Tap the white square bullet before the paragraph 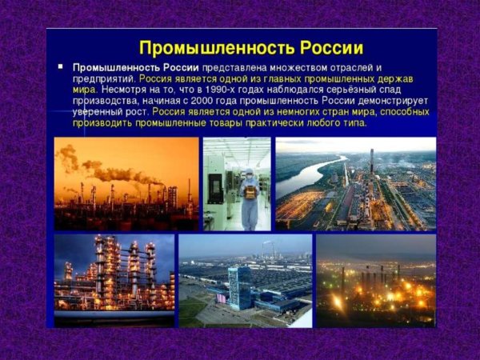61,67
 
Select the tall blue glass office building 239,289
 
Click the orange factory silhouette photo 126,184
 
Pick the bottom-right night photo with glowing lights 376,280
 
